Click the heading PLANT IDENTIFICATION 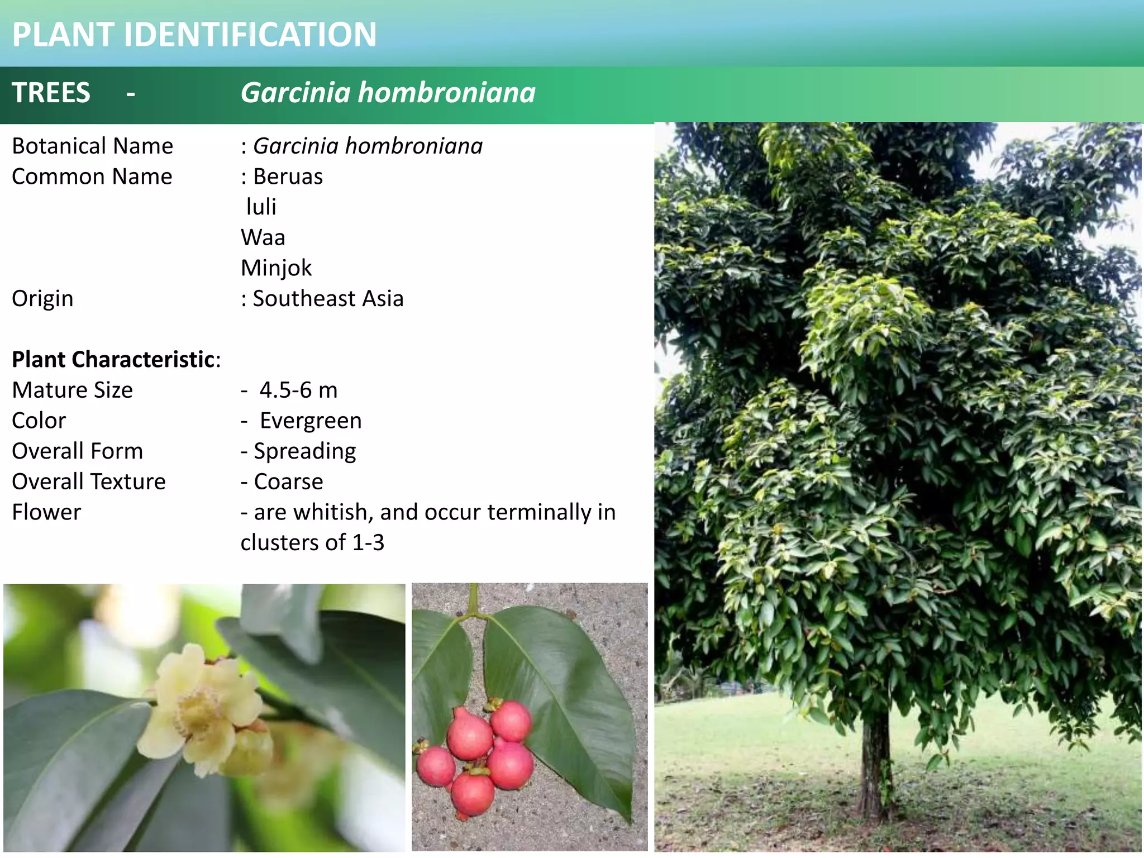click(x=194, y=35)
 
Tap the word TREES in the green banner click(x=51, y=93)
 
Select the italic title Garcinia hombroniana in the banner click(x=388, y=93)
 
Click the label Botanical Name click(x=92, y=146)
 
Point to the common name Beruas click(x=288, y=177)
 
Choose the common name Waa click(x=263, y=238)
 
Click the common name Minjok click(x=276, y=269)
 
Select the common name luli click(x=261, y=207)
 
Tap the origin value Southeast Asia click(x=328, y=299)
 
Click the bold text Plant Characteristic click(x=113, y=360)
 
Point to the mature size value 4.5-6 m click(x=298, y=390)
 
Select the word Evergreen click(x=311, y=421)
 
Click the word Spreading click(x=304, y=451)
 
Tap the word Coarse click(x=288, y=482)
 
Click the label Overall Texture click(x=89, y=482)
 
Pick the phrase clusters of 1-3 click(x=312, y=543)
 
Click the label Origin click(x=42, y=299)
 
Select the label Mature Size click(x=73, y=390)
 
